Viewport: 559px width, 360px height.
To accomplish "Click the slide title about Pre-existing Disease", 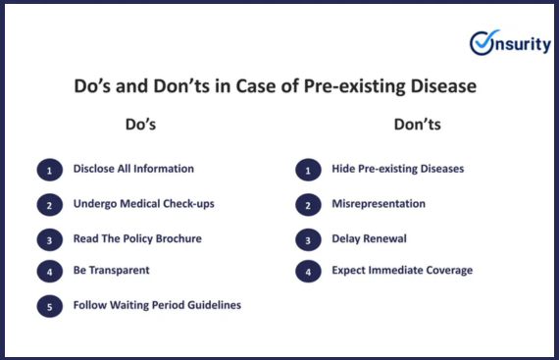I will [x=276, y=86].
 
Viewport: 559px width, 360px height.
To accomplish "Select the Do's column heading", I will [x=140, y=125].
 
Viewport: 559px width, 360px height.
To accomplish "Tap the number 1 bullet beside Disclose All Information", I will [x=50, y=170].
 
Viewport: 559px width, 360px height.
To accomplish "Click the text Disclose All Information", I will [x=133, y=169].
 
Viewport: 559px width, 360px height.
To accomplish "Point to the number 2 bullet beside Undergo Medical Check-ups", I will [x=50, y=205].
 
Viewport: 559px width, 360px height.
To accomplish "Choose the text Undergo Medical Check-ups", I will [x=143, y=204].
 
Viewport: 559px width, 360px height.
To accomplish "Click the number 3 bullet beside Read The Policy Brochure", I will [x=50, y=239].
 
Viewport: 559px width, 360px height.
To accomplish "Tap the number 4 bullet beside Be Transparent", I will [x=50, y=272].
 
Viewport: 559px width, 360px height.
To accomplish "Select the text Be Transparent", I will [x=111, y=270].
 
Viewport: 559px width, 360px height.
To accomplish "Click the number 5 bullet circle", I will [x=50, y=306].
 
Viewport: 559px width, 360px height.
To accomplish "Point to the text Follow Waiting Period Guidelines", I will [x=157, y=305].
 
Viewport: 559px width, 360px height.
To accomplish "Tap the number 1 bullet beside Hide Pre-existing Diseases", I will [x=308, y=170].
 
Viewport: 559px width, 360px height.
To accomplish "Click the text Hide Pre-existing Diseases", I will [x=397, y=169].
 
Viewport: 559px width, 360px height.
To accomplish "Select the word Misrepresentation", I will [x=379, y=204].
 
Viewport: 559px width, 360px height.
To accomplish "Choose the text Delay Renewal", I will [x=369, y=238].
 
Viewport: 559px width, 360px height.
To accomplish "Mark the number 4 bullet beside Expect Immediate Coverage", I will [x=308, y=272].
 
